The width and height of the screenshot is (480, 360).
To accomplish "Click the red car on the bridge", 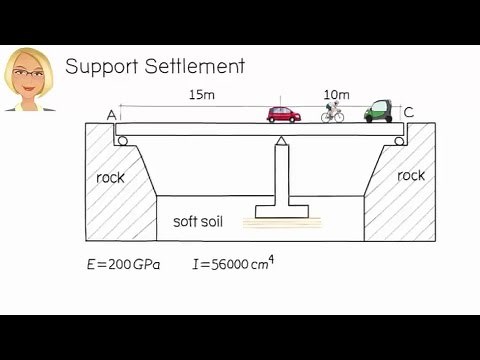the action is pos(284,113).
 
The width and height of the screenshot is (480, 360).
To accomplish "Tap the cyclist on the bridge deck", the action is pos(333,113).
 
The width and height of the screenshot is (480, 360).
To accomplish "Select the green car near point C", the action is pos(378,110).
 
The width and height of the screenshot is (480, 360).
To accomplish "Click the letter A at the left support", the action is pos(112,115).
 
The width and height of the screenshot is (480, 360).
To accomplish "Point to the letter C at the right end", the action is pos(408,111).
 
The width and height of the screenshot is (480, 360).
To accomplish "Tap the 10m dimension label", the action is pos(334,94).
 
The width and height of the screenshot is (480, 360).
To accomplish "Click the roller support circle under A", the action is pos(122,140).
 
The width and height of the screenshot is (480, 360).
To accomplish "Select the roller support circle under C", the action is pos(399,140).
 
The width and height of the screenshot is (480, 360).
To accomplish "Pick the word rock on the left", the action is pos(110,178).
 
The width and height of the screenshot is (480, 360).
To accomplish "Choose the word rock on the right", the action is pos(410,175).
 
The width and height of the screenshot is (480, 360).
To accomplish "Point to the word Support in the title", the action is pos(105,67).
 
